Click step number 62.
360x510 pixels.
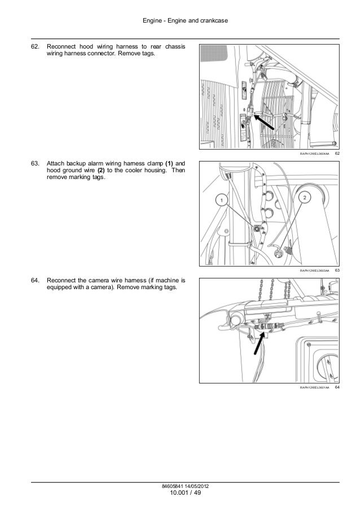36,46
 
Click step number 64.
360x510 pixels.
36,280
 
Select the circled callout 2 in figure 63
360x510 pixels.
304,197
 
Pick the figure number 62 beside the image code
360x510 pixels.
337,154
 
